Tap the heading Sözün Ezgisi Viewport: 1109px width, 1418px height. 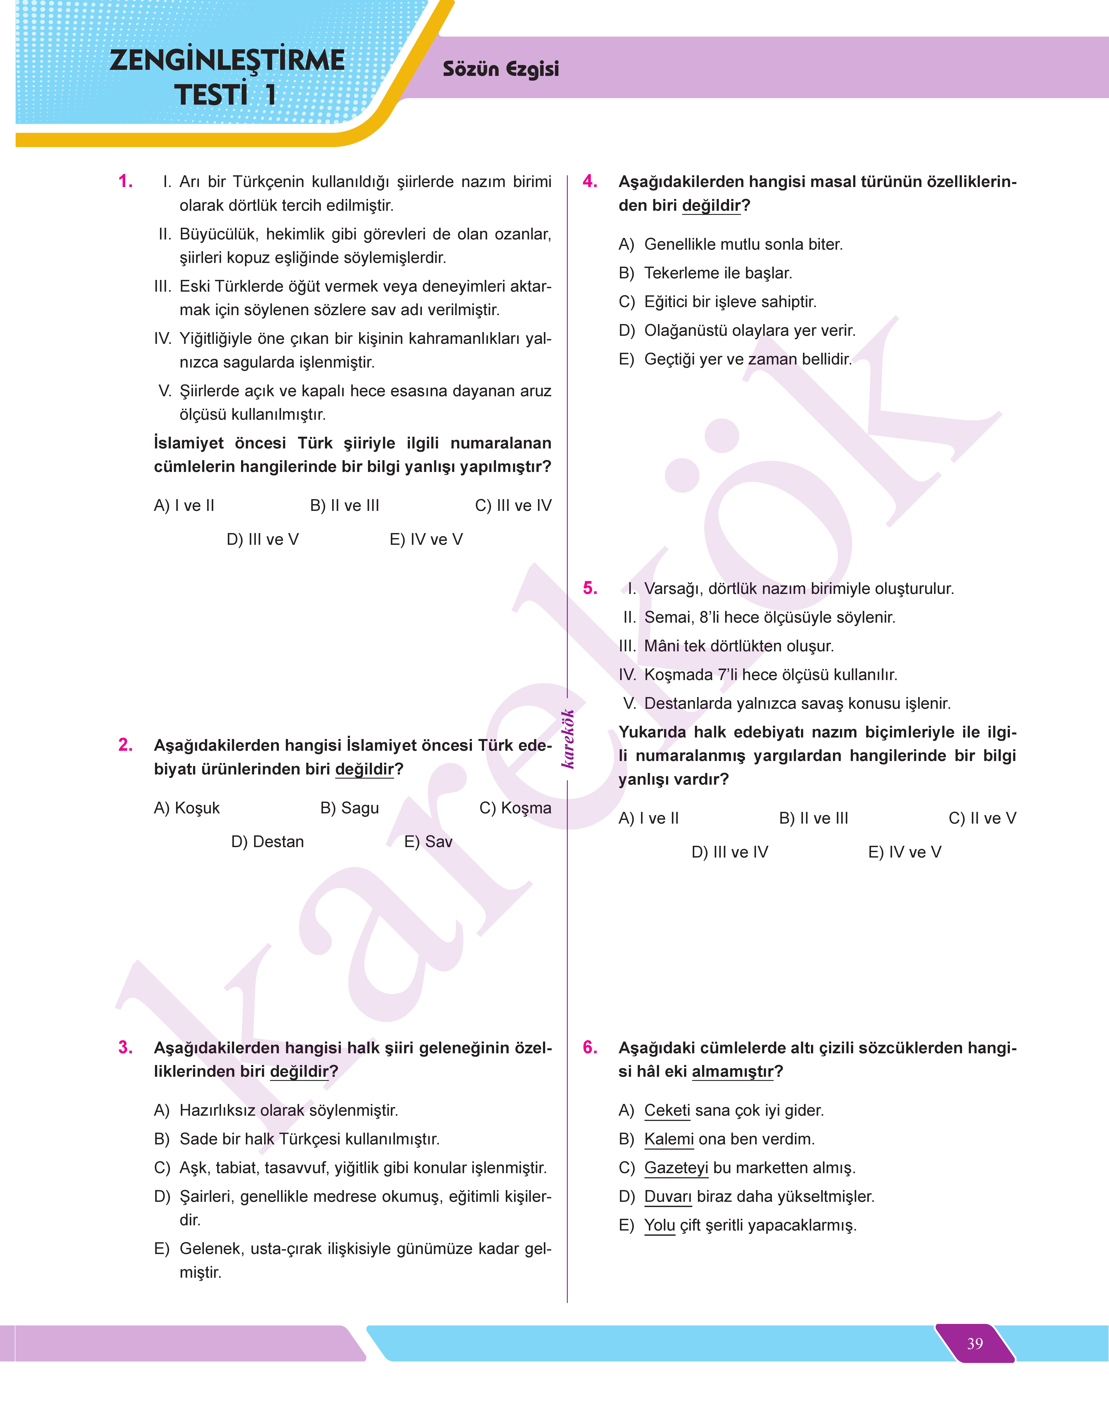pos(501,69)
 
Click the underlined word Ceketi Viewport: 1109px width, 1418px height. pos(667,1110)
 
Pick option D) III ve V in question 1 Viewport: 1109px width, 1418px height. pos(262,539)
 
